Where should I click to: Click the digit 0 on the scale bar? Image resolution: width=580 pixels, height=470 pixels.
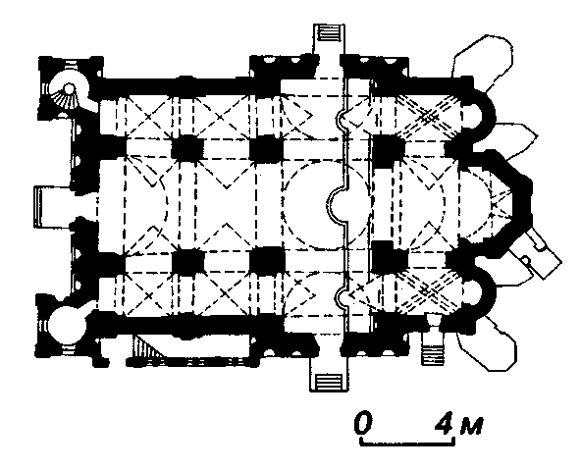(363, 422)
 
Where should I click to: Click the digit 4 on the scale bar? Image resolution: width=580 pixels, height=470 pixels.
(445, 423)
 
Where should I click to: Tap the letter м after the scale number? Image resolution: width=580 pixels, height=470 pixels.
(471, 426)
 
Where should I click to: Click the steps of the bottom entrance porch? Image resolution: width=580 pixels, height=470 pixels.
(329, 381)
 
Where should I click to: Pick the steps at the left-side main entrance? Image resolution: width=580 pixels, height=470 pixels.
(37, 206)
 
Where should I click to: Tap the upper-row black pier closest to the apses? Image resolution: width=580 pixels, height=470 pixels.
(389, 147)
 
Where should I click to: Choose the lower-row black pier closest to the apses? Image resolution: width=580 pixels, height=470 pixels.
(389, 256)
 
